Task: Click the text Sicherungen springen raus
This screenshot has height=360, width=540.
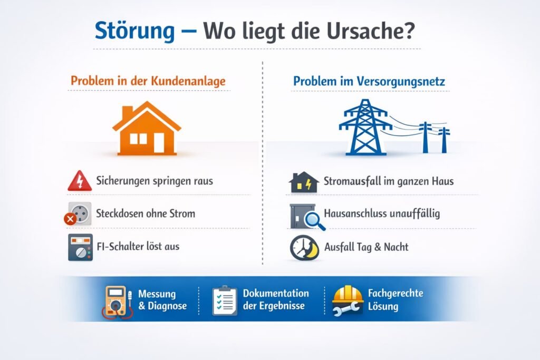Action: [155, 181]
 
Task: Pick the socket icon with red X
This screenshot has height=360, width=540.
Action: [79, 213]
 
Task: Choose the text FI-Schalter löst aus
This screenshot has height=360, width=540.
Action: [138, 246]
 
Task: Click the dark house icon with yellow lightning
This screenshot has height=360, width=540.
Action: [304, 182]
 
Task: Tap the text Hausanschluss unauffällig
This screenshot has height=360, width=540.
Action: [382, 213]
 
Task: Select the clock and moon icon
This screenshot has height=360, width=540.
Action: [304, 247]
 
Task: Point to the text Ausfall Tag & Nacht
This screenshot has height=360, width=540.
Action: [367, 246]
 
